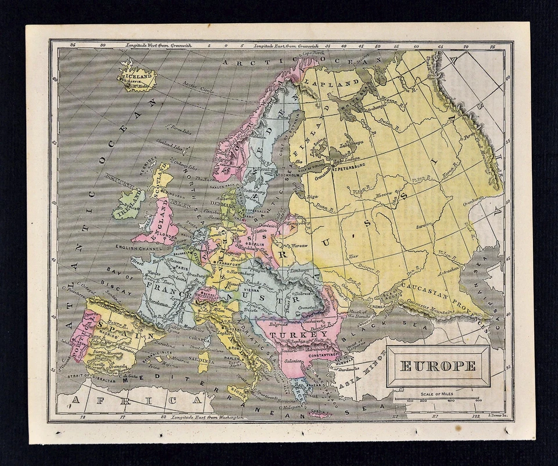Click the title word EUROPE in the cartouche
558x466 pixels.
coord(438,366)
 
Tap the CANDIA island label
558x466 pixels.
coord(320,414)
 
